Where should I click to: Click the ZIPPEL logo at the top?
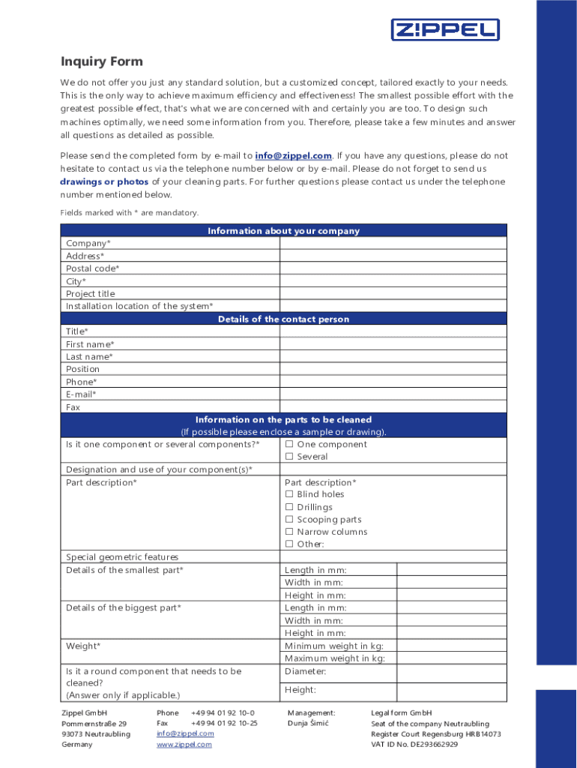pyautogui.click(x=445, y=30)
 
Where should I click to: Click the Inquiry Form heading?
pyautogui.click(x=101, y=61)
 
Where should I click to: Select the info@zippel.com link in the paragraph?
pyautogui.click(x=293, y=156)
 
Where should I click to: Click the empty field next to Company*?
pyautogui.click(x=393, y=244)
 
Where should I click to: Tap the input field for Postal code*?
pyautogui.click(x=393, y=268)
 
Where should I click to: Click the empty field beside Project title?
pyautogui.click(x=393, y=294)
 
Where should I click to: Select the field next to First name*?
pyautogui.click(x=393, y=344)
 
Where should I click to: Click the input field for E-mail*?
pyautogui.click(x=393, y=394)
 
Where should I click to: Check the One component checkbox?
pyautogui.click(x=289, y=445)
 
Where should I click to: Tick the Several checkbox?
pyautogui.click(x=289, y=457)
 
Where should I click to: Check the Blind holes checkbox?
pyautogui.click(x=289, y=495)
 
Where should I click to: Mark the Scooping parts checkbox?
pyautogui.click(x=289, y=520)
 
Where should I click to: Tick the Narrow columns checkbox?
pyautogui.click(x=289, y=532)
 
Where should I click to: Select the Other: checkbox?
pyautogui.click(x=289, y=544)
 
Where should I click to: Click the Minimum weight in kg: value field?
pyautogui.click(x=451, y=646)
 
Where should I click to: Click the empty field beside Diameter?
pyautogui.click(x=451, y=672)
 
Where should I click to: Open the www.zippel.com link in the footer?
pyautogui.click(x=184, y=745)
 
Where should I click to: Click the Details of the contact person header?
pyautogui.click(x=283, y=319)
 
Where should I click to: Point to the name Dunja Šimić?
pyautogui.click(x=308, y=724)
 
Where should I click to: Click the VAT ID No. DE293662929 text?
pyautogui.click(x=414, y=745)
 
